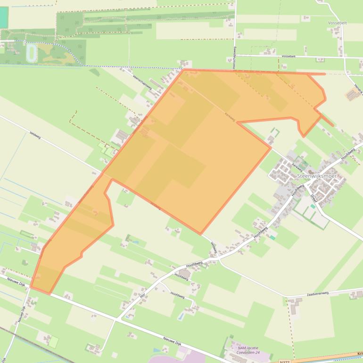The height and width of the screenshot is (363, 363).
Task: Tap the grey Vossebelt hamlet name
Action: pos(338,23)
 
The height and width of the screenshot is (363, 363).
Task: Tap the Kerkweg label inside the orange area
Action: pos(230,115)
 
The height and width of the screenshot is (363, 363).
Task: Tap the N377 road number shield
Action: pos(284,361)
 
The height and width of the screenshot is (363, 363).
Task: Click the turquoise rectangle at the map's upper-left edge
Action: pos(4,17)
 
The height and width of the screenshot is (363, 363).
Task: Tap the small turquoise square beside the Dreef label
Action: pos(272,238)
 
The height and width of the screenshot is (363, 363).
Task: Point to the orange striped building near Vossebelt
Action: pos(352,95)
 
